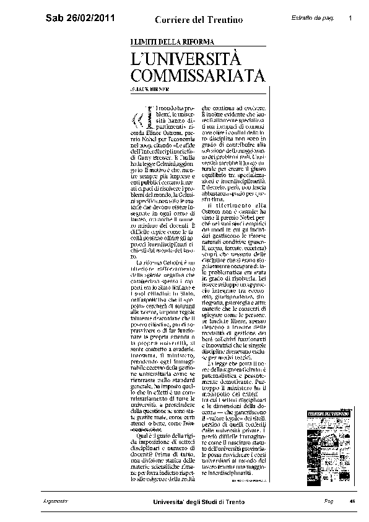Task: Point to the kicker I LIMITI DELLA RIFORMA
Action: (x=173, y=41)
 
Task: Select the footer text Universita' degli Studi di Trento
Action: (x=199, y=501)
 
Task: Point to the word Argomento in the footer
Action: (x=56, y=500)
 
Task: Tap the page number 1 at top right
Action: (x=350, y=18)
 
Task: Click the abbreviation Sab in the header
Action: (x=55, y=20)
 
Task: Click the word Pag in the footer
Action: (x=328, y=500)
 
